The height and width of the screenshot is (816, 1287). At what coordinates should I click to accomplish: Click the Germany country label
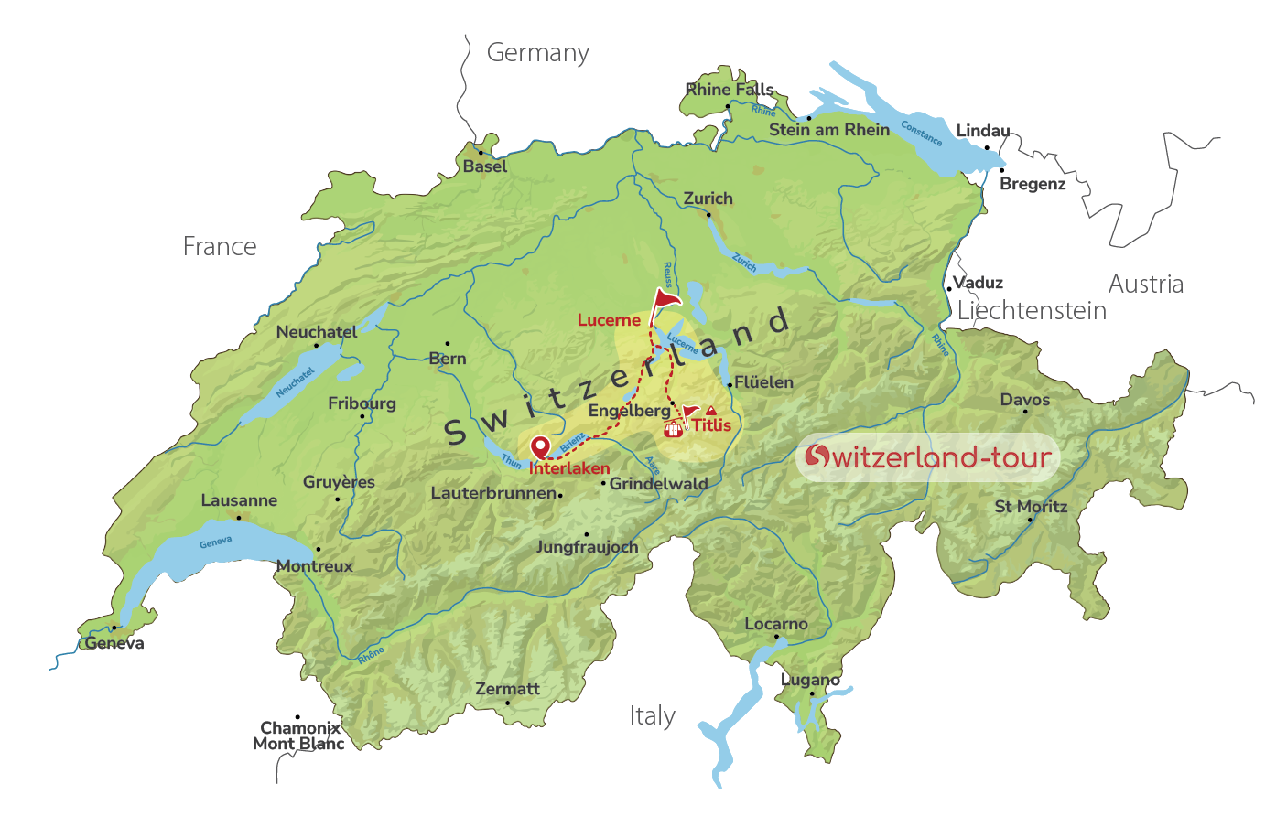click(537, 53)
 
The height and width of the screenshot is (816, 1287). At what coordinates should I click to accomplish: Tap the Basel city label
click(484, 166)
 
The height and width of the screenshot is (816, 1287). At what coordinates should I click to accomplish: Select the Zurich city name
click(708, 199)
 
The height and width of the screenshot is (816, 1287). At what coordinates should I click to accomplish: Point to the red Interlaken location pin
click(541, 447)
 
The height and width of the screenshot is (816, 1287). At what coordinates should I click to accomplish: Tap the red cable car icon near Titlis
click(673, 428)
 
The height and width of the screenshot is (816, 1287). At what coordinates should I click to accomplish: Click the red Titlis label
click(711, 425)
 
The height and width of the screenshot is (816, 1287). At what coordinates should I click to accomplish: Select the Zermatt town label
click(507, 689)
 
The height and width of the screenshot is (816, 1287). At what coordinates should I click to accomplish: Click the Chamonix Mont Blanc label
click(298, 735)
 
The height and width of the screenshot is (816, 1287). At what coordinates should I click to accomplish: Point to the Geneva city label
click(114, 643)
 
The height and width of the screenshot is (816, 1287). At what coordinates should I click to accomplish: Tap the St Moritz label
click(1031, 507)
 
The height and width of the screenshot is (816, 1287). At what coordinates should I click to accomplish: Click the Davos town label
click(1025, 400)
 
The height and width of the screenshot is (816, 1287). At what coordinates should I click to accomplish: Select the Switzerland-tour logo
click(927, 456)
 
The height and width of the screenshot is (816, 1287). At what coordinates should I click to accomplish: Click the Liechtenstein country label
click(1032, 311)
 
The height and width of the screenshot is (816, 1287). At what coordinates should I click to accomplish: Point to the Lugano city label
click(810, 680)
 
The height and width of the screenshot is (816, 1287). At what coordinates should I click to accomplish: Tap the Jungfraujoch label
click(587, 547)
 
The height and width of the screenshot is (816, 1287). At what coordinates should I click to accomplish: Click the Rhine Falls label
click(730, 90)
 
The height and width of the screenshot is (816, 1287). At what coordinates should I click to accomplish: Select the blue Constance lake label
click(921, 134)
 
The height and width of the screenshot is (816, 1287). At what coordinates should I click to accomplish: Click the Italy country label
click(653, 716)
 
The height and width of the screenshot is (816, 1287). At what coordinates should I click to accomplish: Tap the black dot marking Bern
click(448, 344)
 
